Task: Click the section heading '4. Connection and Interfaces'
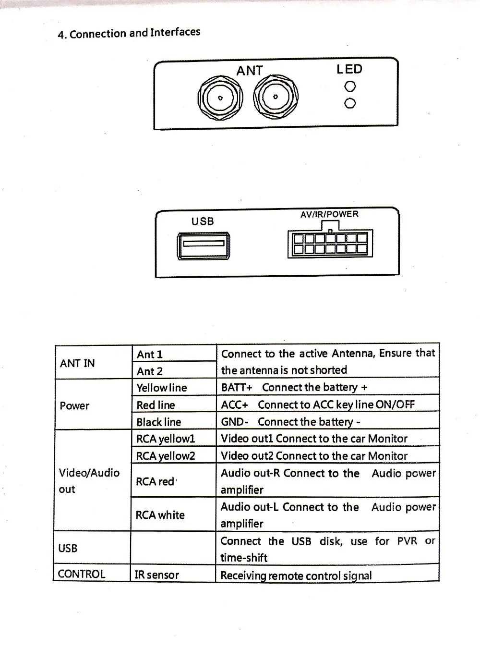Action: [129, 33]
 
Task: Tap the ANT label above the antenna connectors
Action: [250, 71]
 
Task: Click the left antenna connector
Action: [220, 98]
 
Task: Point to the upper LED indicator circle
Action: [350, 86]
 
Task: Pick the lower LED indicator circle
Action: [350, 103]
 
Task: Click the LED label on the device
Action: [349, 69]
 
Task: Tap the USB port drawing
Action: [204, 246]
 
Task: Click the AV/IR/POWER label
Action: [329, 214]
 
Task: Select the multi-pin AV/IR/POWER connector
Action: [330, 242]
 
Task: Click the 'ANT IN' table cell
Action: [93, 362]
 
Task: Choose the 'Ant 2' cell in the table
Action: [174, 370]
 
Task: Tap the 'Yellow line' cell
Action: [174, 387]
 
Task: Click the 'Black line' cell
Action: [174, 421]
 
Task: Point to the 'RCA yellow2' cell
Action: [174, 455]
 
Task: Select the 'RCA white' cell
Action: [173, 514]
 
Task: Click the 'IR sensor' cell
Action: [173, 573]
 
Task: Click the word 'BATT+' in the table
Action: [237, 387]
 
